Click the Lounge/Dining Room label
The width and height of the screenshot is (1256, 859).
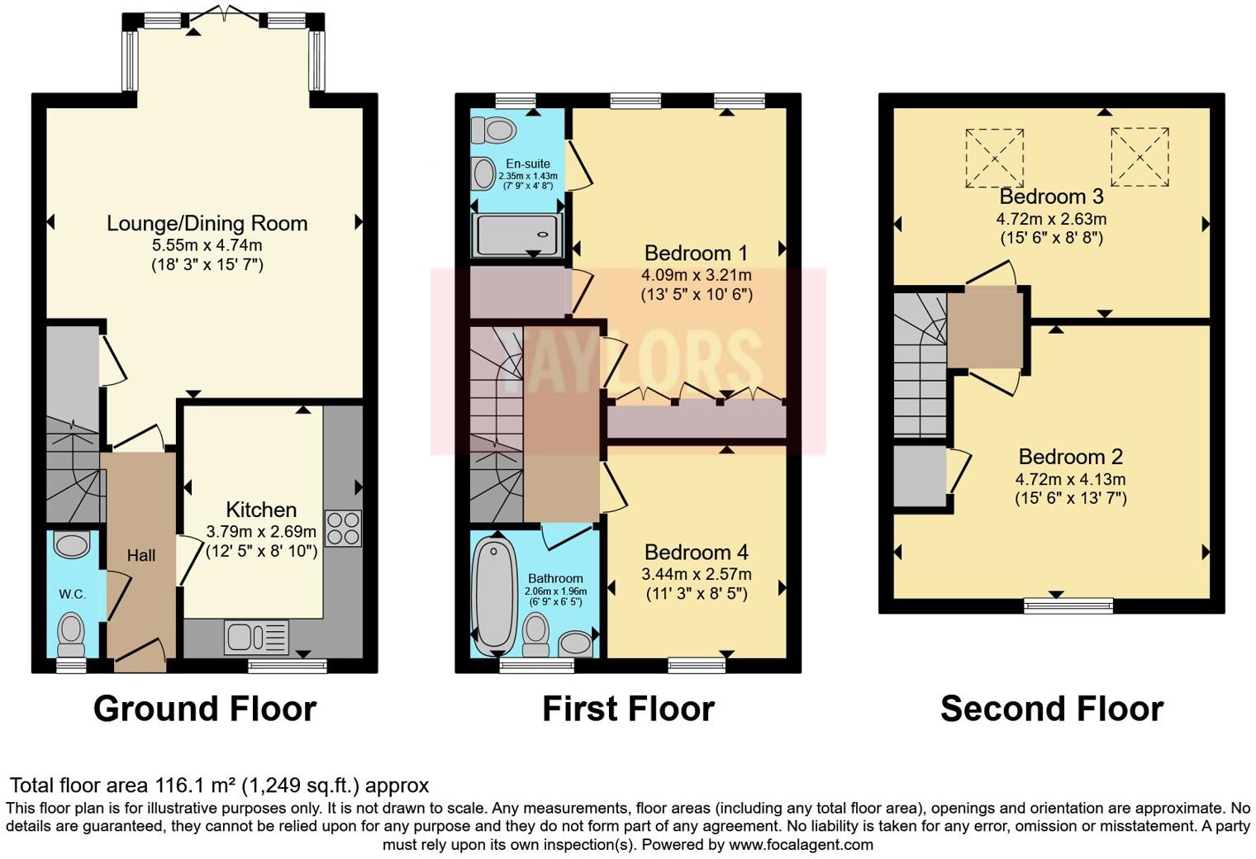207,223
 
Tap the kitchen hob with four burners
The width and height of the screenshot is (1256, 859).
343,529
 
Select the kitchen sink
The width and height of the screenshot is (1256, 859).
256,637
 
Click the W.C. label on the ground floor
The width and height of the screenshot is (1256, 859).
72,594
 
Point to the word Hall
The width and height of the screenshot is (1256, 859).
140,556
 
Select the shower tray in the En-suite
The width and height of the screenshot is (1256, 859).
518,234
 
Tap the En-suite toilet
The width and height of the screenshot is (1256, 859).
494,130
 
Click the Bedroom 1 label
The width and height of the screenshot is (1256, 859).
696,253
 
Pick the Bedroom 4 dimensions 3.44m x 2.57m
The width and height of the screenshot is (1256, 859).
696,574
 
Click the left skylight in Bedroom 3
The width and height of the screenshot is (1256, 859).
995,157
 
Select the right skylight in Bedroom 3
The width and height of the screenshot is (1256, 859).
1139,156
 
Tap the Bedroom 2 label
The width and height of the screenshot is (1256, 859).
1070,457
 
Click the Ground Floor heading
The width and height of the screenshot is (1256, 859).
204,709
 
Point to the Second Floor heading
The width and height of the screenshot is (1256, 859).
1051,709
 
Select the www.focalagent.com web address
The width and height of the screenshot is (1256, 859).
800,844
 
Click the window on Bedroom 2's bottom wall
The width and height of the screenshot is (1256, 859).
1068,605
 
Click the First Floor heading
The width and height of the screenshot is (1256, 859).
628,709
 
